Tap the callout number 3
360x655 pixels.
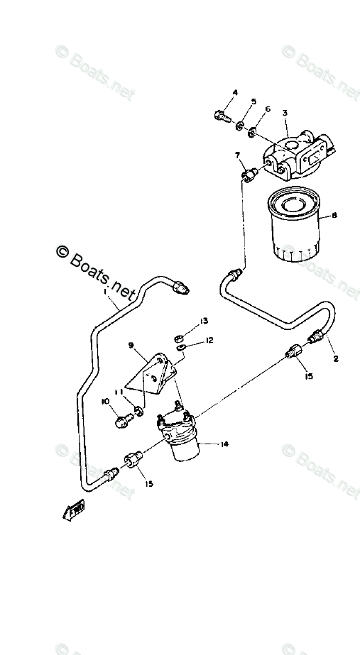284,113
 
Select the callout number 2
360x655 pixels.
336,359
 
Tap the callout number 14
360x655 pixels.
224,444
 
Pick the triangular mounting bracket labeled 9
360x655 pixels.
157,376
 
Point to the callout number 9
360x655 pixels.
131,346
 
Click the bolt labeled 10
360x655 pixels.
121,421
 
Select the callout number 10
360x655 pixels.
106,402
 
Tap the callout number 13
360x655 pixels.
204,321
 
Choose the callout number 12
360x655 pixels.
209,340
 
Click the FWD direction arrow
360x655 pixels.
73,508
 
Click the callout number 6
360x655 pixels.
268,109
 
